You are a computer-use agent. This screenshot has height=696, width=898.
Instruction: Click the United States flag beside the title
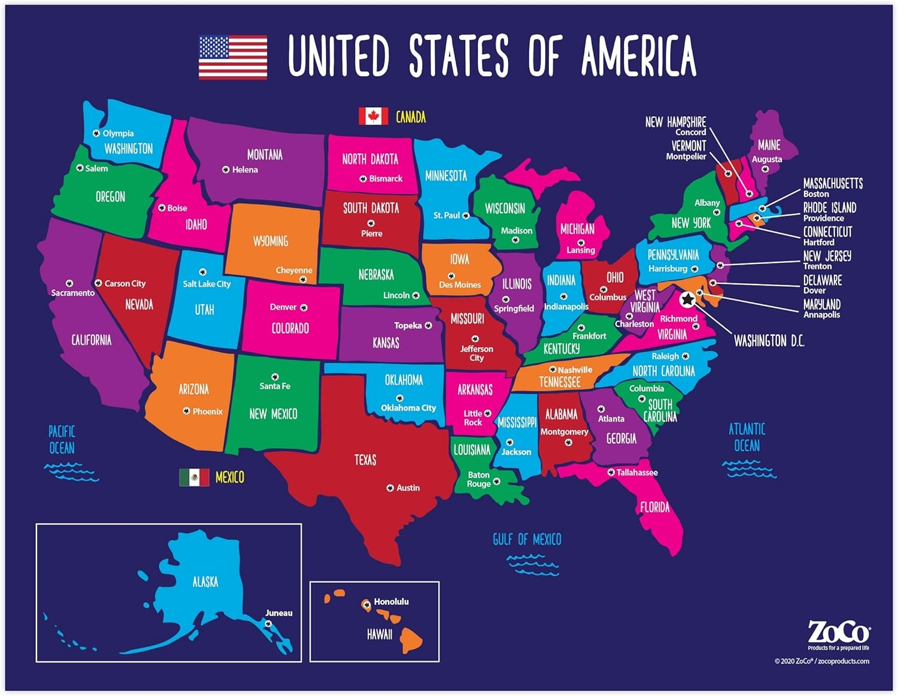coord(233,58)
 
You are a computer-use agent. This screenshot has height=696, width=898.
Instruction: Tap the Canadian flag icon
coord(373,116)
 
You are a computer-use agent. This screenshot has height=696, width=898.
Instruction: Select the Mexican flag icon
coord(194,477)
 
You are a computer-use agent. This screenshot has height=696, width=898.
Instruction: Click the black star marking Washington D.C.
coord(688,299)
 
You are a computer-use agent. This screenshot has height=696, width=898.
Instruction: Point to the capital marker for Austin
coord(390,488)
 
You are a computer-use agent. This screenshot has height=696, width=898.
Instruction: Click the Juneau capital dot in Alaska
coord(268,624)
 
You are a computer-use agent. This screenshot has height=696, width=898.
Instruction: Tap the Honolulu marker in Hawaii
coord(366,604)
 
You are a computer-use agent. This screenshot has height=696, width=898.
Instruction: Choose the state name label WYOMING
coord(271,241)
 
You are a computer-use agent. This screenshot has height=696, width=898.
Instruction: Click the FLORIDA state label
coord(654,507)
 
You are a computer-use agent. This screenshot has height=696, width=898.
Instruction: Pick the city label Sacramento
coord(73,293)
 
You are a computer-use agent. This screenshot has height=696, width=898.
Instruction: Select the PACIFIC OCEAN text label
coord(62,440)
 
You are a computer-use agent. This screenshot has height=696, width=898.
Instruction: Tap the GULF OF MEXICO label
coord(527,540)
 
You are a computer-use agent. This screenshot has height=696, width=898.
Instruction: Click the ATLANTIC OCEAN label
coord(747,437)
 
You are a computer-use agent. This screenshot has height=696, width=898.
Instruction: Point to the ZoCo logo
coord(839,633)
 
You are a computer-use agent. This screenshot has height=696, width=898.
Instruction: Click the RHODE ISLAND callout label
coord(829,208)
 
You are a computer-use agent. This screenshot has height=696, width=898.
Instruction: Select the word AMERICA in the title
coord(639,55)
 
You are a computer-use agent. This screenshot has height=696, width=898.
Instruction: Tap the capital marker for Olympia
coord(96,133)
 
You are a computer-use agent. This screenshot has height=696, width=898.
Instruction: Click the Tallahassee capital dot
coord(611,472)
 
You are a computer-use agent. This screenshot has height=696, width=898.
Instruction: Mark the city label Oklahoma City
coord(408,408)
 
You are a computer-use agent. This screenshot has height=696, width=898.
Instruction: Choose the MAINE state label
coord(769,145)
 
